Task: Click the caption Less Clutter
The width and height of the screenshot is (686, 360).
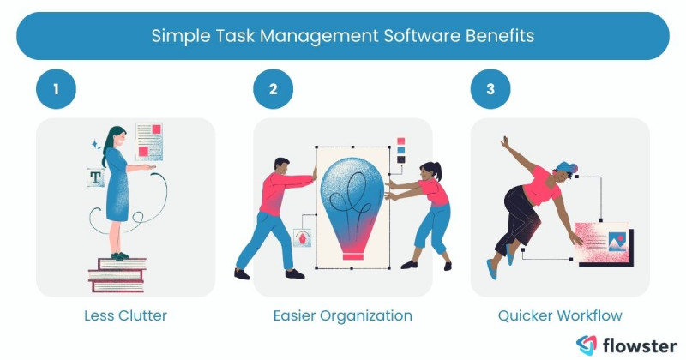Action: pos(125,315)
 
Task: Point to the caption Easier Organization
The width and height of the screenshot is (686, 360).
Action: pos(343,315)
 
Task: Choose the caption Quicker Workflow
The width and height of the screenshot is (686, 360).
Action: pos(560,315)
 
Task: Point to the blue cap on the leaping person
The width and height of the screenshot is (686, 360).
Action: pos(563,166)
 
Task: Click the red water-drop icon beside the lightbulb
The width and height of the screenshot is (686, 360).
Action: pos(301,237)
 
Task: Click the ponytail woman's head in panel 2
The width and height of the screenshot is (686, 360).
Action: pos(428,171)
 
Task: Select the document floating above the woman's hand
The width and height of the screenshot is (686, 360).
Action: pos(149,141)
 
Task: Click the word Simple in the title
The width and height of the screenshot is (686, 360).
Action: pos(175,36)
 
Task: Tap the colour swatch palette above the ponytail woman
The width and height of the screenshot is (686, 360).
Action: pos(400,149)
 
